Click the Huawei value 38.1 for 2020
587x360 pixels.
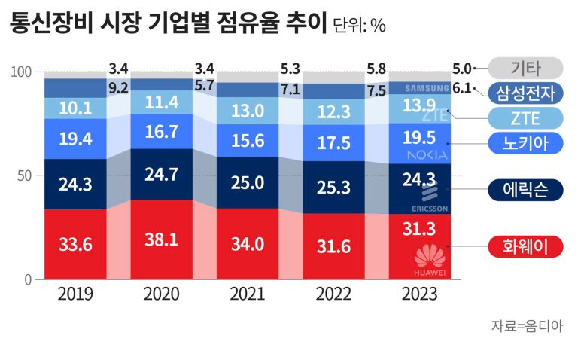pyautogui.click(x=160, y=239)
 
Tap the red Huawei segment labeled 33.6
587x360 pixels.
pyautogui.click(x=75, y=245)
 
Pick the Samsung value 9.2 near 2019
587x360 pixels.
pyautogui.click(x=118, y=88)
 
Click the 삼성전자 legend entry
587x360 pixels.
pyautogui.click(x=525, y=93)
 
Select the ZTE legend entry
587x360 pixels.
pyautogui.click(x=525, y=117)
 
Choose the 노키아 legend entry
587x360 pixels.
pyautogui.click(x=525, y=142)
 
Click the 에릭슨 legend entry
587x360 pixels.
pyautogui.click(x=525, y=189)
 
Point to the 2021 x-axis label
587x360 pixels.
pyautogui.click(x=247, y=294)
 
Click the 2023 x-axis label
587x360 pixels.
pyautogui.click(x=418, y=294)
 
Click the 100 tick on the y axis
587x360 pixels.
pyautogui.click(x=20, y=72)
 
